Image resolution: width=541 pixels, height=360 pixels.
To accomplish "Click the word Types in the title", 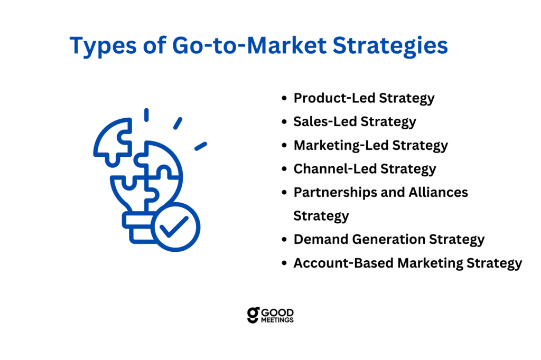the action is pos(103,46).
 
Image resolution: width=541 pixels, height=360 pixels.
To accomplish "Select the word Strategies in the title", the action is pos(390,46).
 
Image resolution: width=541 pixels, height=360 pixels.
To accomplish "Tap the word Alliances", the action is pos(438,192).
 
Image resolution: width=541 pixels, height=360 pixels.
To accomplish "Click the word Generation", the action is pos(388,239).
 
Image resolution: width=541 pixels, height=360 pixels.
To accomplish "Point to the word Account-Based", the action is pos(343,263).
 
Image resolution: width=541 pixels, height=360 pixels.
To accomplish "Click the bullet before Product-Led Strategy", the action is pos(284,98).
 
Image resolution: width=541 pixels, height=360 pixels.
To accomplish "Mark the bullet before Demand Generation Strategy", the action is pos(284,239).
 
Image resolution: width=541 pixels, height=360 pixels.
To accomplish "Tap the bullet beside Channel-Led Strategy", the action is pos(284,169).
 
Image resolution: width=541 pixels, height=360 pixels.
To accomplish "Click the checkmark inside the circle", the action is pos(174,227).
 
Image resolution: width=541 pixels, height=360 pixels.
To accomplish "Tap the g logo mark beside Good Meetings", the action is pos(253,315).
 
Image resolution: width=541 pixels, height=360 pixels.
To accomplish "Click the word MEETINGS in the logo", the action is pos(277,320).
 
